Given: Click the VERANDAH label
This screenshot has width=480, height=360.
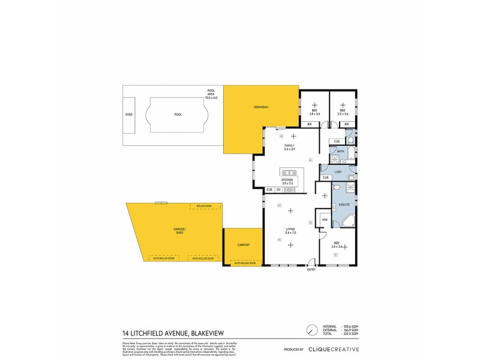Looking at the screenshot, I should (x=260, y=107).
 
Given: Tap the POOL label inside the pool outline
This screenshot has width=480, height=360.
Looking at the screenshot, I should (x=178, y=114).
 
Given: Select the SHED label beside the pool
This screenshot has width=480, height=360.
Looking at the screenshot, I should (x=128, y=114).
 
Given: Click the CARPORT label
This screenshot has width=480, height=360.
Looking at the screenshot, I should (x=243, y=245).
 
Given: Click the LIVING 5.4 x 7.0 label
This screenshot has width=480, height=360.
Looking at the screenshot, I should (x=290, y=230).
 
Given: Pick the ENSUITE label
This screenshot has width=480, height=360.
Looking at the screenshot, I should (x=344, y=205).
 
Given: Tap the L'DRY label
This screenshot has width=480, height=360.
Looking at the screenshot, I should (x=338, y=172).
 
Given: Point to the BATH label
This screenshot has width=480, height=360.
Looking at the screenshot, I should (x=340, y=151).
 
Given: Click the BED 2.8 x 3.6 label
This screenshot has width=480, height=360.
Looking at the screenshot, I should (x=314, y=112).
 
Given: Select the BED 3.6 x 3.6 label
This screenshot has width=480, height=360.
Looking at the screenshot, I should (x=337, y=245).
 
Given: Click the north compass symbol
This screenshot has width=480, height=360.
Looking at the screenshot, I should (x=311, y=330).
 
